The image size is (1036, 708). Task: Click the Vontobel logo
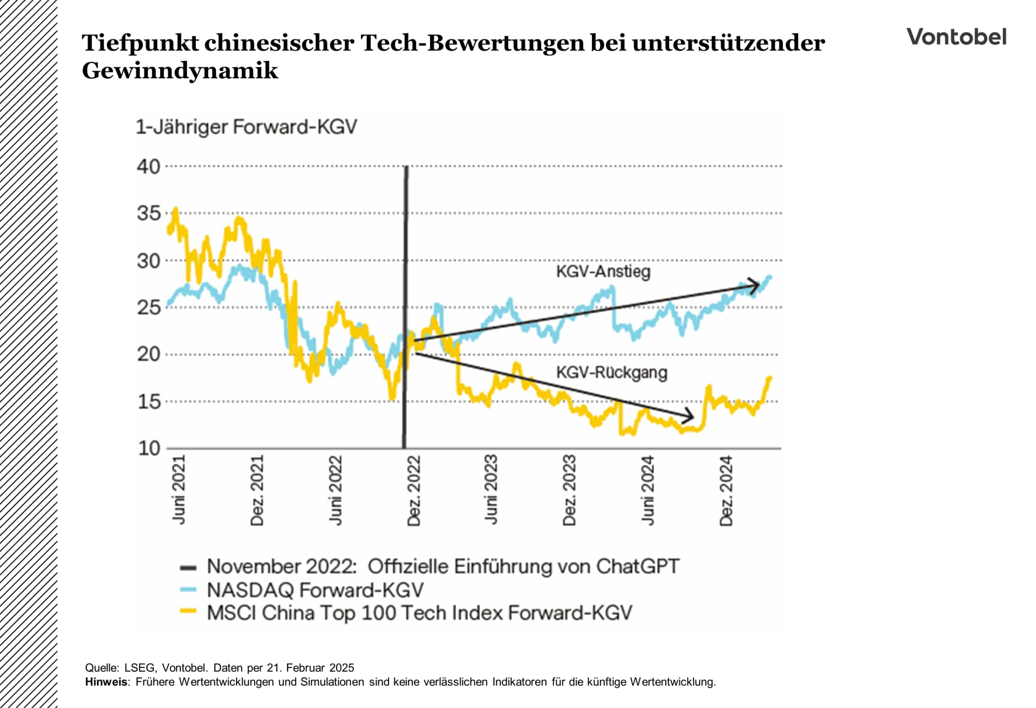point(956,37)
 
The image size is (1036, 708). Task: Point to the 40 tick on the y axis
point(148,167)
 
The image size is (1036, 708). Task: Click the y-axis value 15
point(148,402)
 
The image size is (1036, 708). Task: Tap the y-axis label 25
point(148,308)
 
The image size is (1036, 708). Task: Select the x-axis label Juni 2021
point(179,489)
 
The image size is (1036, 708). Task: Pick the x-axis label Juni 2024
point(647,490)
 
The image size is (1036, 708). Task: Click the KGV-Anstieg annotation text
point(603,271)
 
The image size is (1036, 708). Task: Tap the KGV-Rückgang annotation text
point(611,373)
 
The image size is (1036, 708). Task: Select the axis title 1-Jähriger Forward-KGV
point(246,127)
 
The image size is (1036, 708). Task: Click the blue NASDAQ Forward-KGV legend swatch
point(188,589)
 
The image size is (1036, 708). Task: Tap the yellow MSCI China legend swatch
point(188,612)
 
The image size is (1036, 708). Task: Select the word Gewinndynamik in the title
point(180,71)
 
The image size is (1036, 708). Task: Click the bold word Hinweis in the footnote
point(106,682)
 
